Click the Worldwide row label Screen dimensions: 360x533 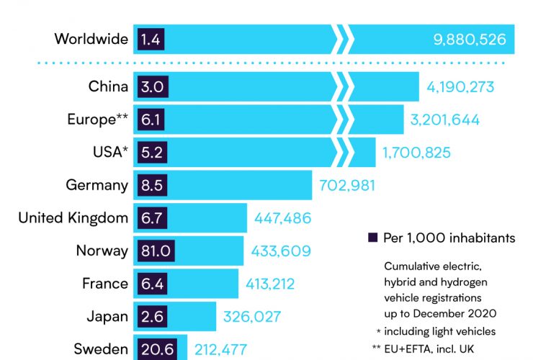pos(91,39)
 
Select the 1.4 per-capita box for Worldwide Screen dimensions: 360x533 pos(150,39)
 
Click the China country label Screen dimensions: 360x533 pos(108,87)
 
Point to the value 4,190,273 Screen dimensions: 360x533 pos(460,87)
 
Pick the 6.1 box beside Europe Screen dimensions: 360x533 pos(150,120)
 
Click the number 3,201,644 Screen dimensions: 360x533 pos(445,120)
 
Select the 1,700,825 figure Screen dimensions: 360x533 pos(417,152)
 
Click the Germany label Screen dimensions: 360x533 pos(97,185)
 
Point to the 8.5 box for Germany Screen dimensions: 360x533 pos(150,185)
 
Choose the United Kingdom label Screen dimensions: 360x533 pos(73,217)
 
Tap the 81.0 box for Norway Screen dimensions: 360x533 pos(154,251)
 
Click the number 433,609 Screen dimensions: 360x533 pos(281,251)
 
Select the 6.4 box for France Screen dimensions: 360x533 pos(150,284)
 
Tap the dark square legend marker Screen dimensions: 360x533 pos(372,238)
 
